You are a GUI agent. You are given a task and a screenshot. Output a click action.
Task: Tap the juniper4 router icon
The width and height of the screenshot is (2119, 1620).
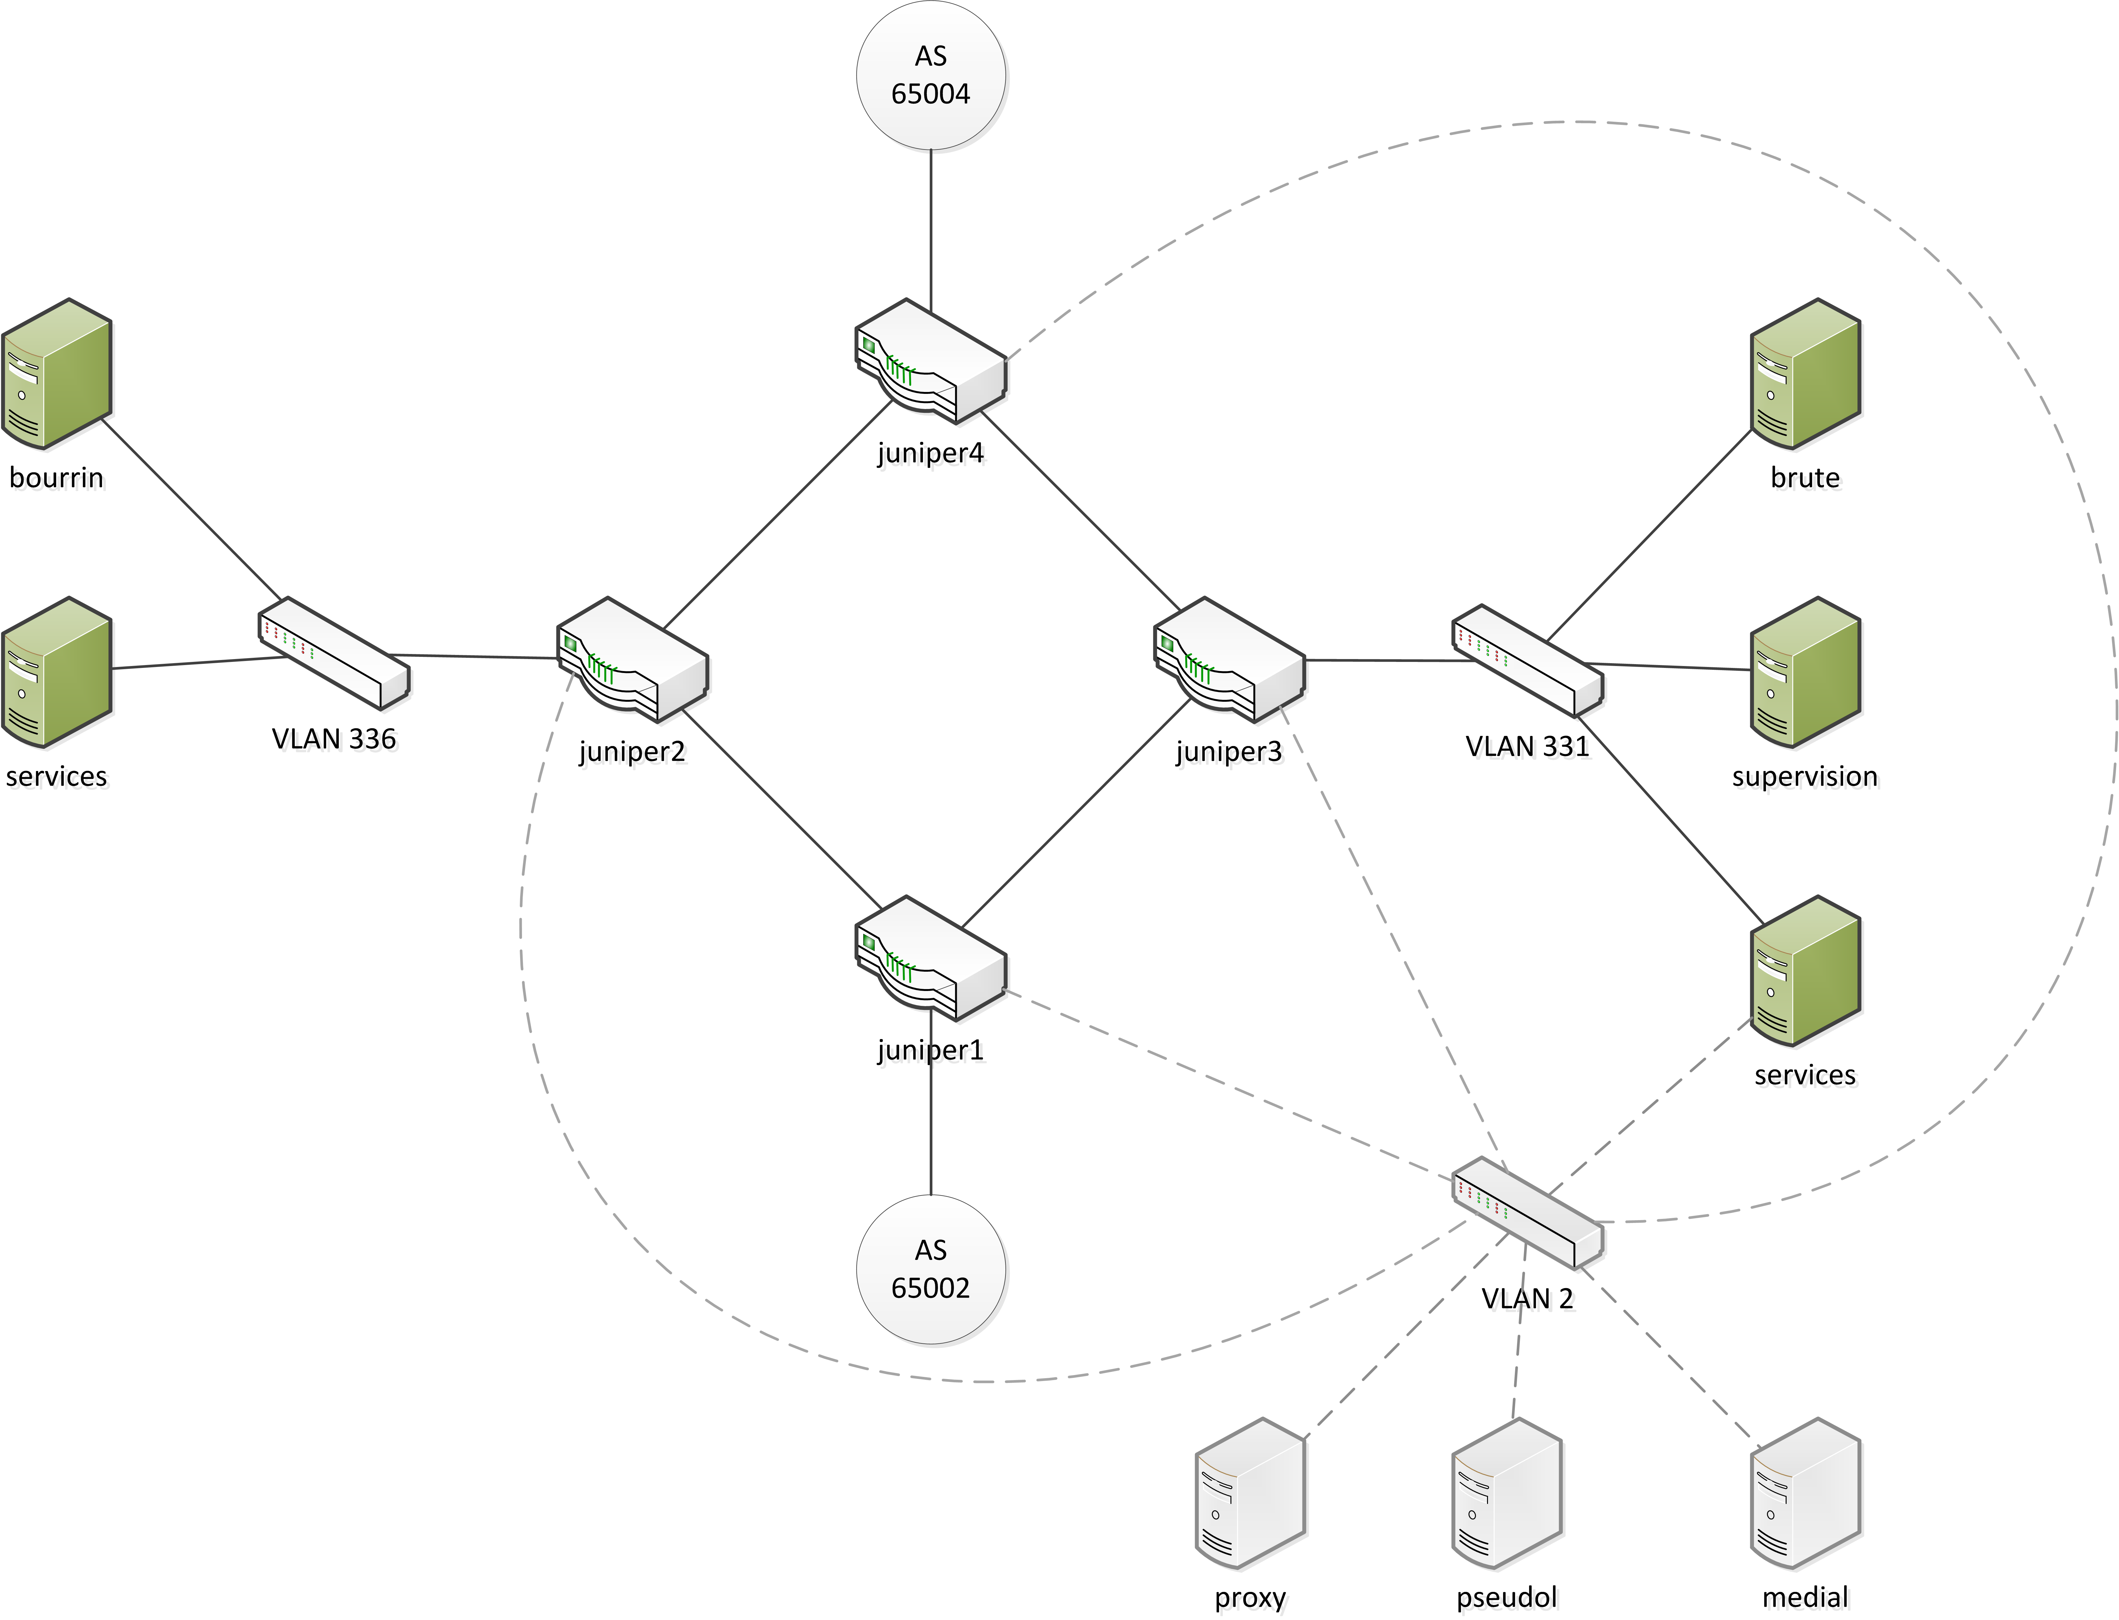click(x=930, y=362)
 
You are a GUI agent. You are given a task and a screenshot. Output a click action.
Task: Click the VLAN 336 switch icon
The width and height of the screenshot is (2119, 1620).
click(x=334, y=653)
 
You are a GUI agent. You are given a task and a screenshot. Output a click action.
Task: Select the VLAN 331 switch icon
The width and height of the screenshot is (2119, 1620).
click(x=1527, y=661)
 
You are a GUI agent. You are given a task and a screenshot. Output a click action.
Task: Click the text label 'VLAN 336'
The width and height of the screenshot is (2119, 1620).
click(x=334, y=739)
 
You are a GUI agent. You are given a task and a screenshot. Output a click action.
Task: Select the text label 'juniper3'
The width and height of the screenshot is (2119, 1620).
click(x=1229, y=751)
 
